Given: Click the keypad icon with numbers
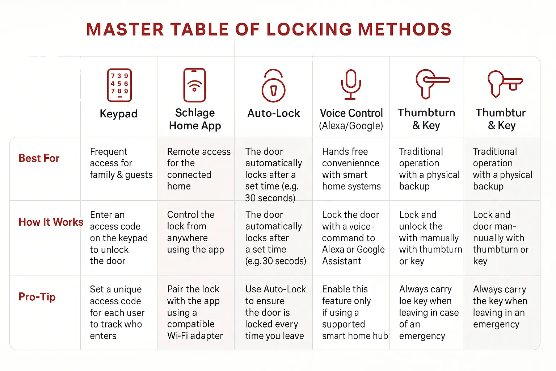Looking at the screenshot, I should [x=119, y=85].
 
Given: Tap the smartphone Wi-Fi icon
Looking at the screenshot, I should [x=194, y=85].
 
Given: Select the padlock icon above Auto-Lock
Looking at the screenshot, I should [x=273, y=86].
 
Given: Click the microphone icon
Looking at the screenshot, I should [x=350, y=84].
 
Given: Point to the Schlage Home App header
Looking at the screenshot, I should [x=195, y=119].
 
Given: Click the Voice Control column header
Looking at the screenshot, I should [x=351, y=119].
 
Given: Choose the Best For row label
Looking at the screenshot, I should [x=39, y=158].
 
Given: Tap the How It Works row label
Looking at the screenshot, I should [x=51, y=222].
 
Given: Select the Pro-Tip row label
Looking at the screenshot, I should [x=37, y=297].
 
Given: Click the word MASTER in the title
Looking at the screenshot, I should [x=125, y=29].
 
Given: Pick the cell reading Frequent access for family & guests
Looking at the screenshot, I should [x=121, y=163].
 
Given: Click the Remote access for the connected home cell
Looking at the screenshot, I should [x=198, y=168].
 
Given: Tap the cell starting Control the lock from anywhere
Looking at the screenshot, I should [x=195, y=232].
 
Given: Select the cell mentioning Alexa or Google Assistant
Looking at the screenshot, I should [x=353, y=238].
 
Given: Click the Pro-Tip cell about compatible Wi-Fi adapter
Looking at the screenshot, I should [x=195, y=312].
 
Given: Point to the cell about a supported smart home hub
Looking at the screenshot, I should [x=354, y=312].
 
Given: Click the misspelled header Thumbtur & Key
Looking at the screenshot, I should [x=501, y=119].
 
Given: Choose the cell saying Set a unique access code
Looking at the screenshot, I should [x=117, y=312].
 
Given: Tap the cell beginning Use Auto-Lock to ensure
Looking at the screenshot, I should [x=275, y=312].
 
